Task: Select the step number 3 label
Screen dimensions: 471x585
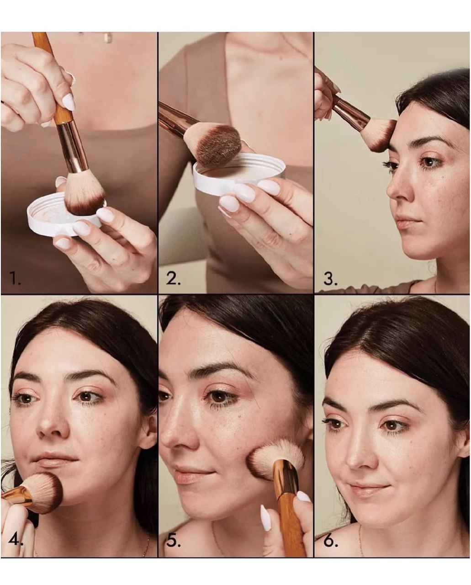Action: [330, 277]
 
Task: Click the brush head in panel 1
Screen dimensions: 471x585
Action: [85, 193]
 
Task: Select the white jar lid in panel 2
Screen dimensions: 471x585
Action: [239, 172]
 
